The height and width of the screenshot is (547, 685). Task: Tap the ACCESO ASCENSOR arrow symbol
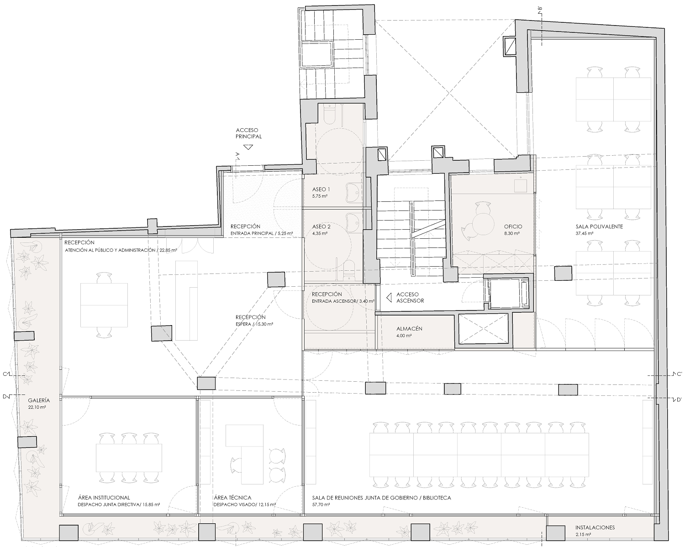pos(389,298)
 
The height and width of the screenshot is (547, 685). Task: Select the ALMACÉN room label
pos(409,329)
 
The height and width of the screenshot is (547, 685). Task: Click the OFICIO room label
pos(513,226)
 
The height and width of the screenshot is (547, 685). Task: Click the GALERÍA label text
pos(39,400)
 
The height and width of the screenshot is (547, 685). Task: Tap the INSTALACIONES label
pos(595,527)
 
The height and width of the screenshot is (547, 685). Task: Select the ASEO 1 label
pos(321,189)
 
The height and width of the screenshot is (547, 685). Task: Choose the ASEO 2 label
pos(321,226)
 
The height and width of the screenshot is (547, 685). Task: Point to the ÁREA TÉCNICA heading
pos(232,497)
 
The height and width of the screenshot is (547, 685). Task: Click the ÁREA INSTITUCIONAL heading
pos(104,497)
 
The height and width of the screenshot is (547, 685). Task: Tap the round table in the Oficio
pos(483,224)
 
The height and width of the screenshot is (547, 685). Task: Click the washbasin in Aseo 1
pos(353,193)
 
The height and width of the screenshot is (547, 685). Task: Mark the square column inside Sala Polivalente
pos(563,273)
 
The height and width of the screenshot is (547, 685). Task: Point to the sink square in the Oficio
pos(521,185)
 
